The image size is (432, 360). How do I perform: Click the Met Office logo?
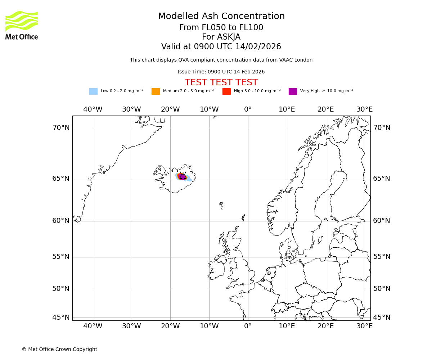click(x=22, y=25)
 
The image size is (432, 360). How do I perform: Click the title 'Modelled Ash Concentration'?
click(x=221, y=16)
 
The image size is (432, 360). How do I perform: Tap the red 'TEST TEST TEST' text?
click(x=221, y=82)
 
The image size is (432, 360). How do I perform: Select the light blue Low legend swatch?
click(x=93, y=91)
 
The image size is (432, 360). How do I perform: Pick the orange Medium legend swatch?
click(x=156, y=91)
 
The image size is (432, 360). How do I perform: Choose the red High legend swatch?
click(x=226, y=91)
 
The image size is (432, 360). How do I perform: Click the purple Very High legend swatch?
click(x=293, y=91)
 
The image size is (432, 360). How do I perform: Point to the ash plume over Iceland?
click(x=182, y=176)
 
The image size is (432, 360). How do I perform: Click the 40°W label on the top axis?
click(x=93, y=109)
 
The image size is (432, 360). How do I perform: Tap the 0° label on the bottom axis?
click(x=248, y=326)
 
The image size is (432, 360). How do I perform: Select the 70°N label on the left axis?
click(x=61, y=128)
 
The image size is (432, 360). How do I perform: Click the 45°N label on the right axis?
click(x=382, y=318)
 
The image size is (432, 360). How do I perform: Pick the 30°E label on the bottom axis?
click(x=364, y=326)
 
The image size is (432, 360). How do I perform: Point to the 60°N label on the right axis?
click(x=382, y=221)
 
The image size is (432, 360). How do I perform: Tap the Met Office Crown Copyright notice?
click(x=59, y=349)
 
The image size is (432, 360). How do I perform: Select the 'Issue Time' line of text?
click(x=221, y=72)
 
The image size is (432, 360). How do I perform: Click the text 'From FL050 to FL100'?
click(x=221, y=28)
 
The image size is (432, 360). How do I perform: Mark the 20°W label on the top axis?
click(x=170, y=109)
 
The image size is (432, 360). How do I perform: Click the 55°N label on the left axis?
click(x=61, y=257)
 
